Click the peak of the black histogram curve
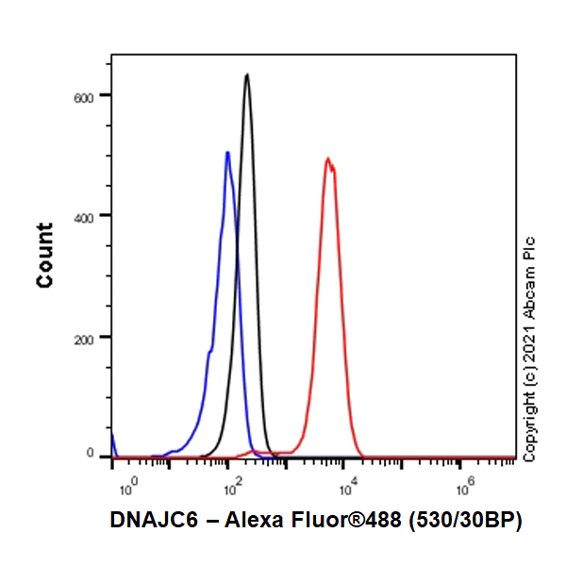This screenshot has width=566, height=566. pos(247,75)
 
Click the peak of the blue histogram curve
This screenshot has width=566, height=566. pos(226,153)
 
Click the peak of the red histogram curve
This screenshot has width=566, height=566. pos(327,159)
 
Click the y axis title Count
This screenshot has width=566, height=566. pos(45,255)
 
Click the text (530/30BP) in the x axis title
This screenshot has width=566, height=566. pos(467,520)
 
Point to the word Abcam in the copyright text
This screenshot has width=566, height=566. pos(529,288)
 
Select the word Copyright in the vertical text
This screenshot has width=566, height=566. pos(529,428)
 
